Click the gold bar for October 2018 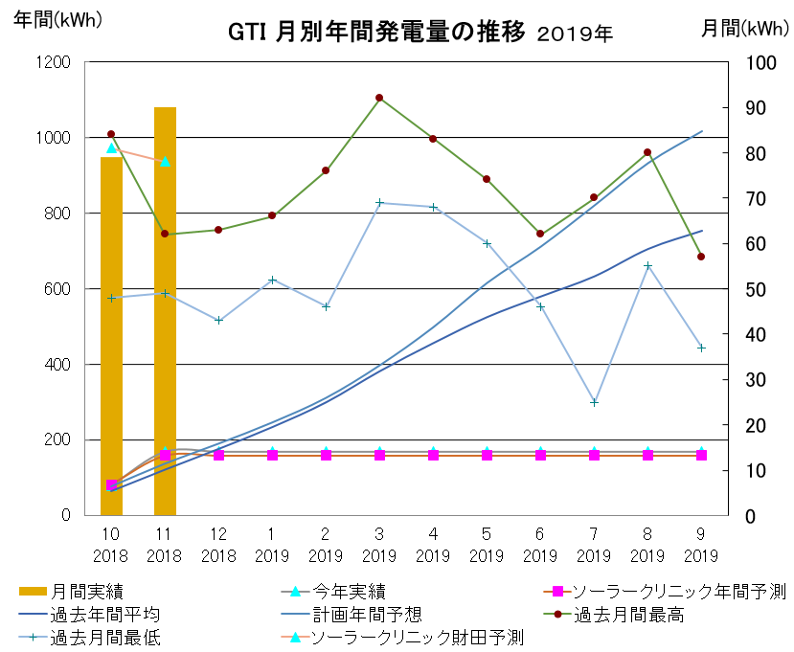click(111, 335)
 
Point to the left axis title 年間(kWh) click(57, 18)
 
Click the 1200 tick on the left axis click(54, 62)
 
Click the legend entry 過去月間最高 click(628, 615)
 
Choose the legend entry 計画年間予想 click(368, 615)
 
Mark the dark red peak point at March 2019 click(379, 98)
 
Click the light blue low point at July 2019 click(594, 402)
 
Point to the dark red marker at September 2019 click(701, 257)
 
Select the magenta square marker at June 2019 click(540, 455)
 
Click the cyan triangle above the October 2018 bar click(111, 148)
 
